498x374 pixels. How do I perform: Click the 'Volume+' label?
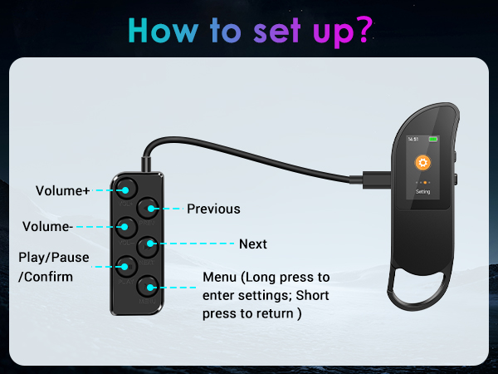62,190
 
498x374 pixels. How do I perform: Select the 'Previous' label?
213,209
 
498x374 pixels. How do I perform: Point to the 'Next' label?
253,244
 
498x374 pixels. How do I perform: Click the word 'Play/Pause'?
53,257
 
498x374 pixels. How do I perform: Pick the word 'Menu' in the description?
220,277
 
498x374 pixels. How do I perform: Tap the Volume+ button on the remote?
125,188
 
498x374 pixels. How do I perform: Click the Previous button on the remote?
149,208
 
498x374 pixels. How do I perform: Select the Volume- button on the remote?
126,226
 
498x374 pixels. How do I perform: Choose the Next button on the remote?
149,245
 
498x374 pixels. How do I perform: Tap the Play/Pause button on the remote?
126,266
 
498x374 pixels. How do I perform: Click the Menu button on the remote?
149,287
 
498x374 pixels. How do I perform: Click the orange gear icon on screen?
422,163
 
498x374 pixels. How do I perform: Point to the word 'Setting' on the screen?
422,191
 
